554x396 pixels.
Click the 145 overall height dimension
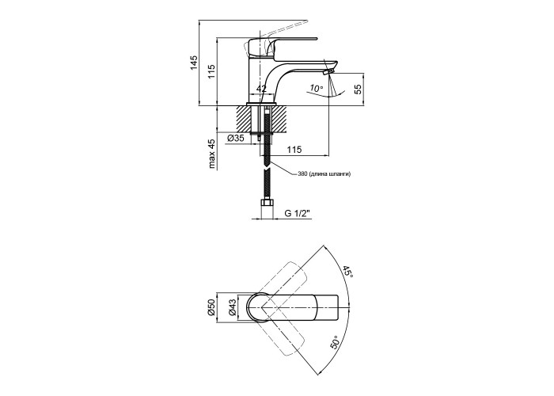(x=194, y=63)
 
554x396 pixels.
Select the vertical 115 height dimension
(x=211, y=72)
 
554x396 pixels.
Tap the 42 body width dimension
(x=261, y=89)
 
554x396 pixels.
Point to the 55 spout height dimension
(x=359, y=89)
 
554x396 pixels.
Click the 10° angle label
(x=317, y=88)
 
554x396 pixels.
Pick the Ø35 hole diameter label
(x=236, y=139)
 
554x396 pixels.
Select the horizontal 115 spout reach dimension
(x=294, y=150)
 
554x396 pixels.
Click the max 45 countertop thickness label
(x=211, y=154)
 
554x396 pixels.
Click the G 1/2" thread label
(x=297, y=213)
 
